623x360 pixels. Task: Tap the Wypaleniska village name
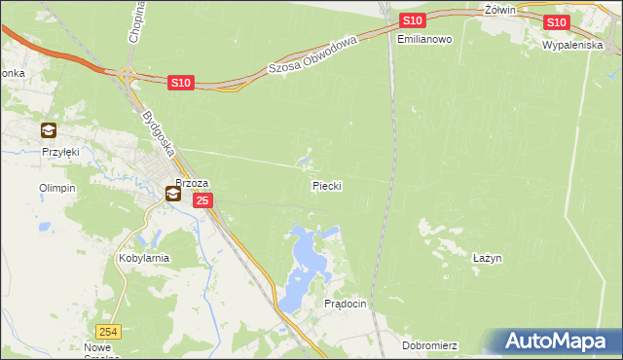click(x=573, y=46)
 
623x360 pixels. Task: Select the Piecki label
click(x=327, y=185)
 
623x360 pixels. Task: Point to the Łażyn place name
click(x=487, y=258)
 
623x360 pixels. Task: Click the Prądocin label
click(x=345, y=304)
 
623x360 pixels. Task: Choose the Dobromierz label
click(x=429, y=345)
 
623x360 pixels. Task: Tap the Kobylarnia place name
click(x=144, y=258)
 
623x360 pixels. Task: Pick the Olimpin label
click(x=56, y=188)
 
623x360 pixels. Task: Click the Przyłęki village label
click(x=59, y=152)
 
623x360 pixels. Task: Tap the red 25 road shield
click(x=202, y=200)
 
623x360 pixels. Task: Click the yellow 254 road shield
click(x=110, y=331)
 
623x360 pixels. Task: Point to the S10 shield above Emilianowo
click(x=412, y=20)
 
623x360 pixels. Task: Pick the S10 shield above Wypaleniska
click(x=556, y=22)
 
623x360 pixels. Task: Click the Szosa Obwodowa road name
click(x=314, y=54)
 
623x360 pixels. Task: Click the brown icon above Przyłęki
click(x=49, y=130)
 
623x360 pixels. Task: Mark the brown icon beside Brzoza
click(x=172, y=195)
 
